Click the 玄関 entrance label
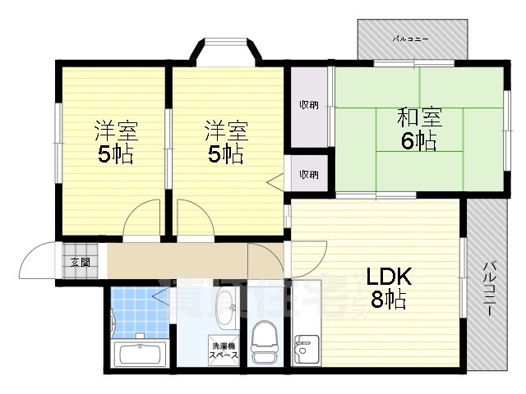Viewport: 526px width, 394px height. click(x=80, y=263)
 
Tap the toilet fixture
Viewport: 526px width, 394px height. click(x=265, y=341)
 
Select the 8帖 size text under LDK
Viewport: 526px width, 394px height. click(x=387, y=300)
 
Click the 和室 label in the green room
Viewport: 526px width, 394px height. click(x=419, y=117)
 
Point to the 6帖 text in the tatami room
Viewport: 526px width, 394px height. click(x=419, y=140)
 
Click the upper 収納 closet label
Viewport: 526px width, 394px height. click(x=309, y=103)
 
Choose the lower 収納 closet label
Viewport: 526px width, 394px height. click(x=309, y=174)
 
